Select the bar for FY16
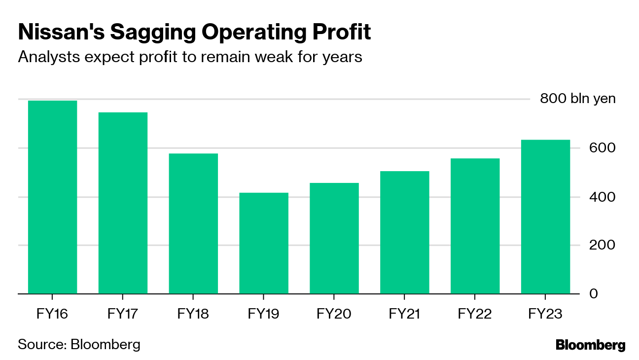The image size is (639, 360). pyautogui.click(x=53, y=197)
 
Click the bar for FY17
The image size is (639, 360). pyautogui.click(x=123, y=203)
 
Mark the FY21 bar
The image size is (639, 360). pyautogui.click(x=405, y=232)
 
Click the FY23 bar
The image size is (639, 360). pyautogui.click(x=545, y=216)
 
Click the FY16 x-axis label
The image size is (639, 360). pyautogui.click(x=53, y=314)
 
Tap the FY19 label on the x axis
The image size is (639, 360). pyautogui.click(x=264, y=314)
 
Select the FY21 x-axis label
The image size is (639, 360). pyautogui.click(x=405, y=314)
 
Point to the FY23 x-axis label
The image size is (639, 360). pyautogui.click(x=545, y=314)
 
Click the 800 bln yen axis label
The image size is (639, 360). pyautogui.click(x=577, y=99)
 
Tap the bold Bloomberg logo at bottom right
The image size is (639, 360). pyautogui.click(x=590, y=345)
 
